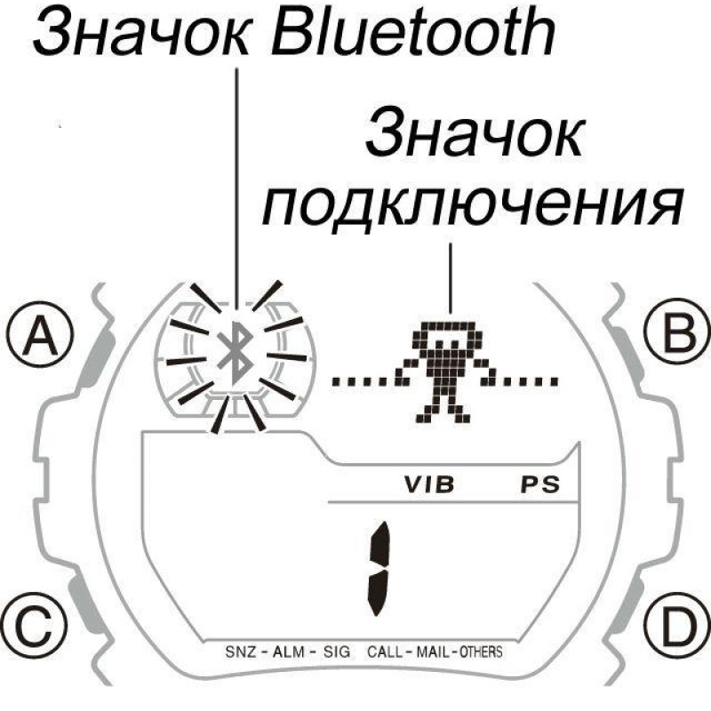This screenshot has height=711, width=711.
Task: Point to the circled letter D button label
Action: click(672, 626)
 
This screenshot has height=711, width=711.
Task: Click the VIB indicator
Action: click(429, 486)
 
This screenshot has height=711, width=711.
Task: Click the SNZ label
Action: click(243, 651)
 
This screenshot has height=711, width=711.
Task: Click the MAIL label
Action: click(435, 651)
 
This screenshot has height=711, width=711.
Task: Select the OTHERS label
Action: click(481, 651)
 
